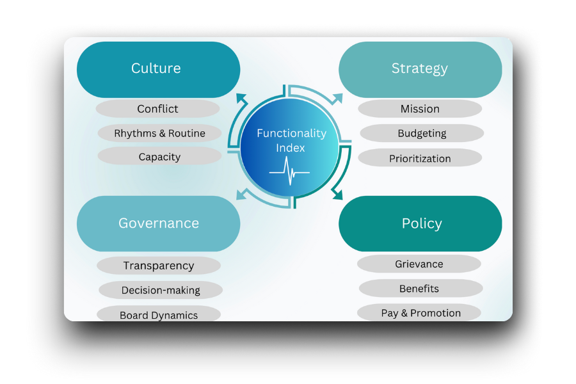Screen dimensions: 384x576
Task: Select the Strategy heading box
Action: [x=420, y=69]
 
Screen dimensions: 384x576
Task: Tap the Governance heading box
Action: [x=158, y=223]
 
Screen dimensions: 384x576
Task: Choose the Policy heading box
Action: [x=420, y=223]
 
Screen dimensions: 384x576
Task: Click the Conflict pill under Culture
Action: [x=157, y=109]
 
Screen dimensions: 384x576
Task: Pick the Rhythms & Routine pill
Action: [x=159, y=133]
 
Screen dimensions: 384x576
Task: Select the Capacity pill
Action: [x=159, y=157]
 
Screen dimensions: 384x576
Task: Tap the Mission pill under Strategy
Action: [x=420, y=109]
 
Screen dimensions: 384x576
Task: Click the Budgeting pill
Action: [x=422, y=134]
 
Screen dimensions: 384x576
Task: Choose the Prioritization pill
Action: [x=420, y=158]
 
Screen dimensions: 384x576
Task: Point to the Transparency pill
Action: [x=159, y=266]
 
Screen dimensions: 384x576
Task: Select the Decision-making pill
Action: [x=161, y=290]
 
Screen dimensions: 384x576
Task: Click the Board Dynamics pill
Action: [x=159, y=315]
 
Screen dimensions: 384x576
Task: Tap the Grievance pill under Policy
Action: [x=419, y=264]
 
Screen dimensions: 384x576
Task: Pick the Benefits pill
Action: [x=419, y=289]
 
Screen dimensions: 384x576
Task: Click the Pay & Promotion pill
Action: [x=420, y=313]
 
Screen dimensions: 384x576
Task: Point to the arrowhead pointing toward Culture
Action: [x=241, y=98]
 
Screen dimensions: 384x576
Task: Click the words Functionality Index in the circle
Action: [x=291, y=140]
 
